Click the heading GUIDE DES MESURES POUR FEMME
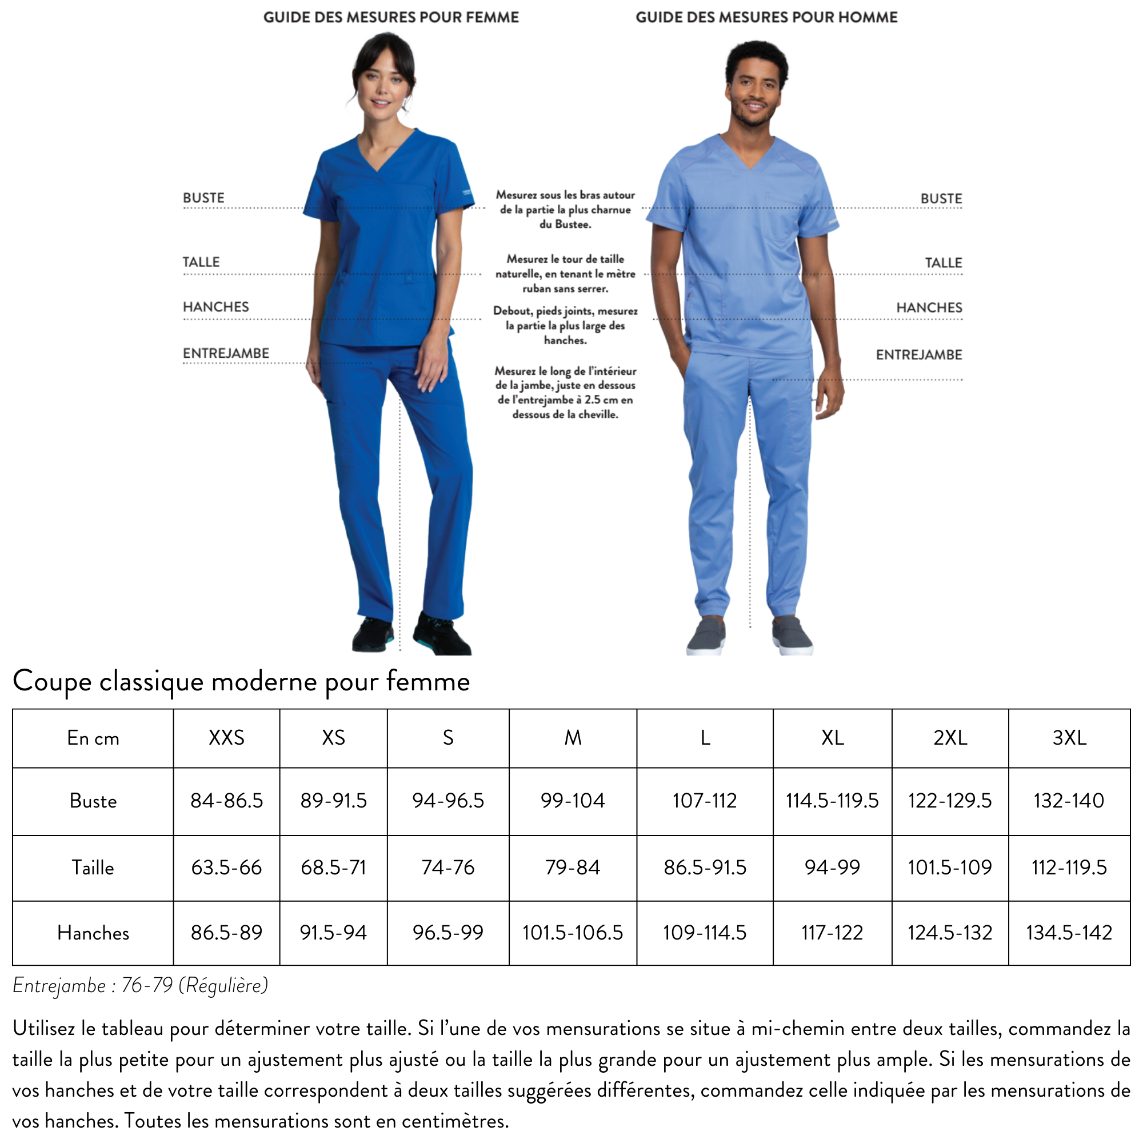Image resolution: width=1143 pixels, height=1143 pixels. point(390,17)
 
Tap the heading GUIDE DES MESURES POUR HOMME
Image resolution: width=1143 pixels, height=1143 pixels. point(766,17)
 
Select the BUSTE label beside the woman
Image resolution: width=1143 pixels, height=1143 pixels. point(203,198)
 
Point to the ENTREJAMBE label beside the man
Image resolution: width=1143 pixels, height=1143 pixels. point(919,355)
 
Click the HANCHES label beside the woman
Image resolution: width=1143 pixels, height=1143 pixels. point(216,307)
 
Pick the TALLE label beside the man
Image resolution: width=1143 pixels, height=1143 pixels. point(943,263)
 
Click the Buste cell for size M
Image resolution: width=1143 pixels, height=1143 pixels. point(572,801)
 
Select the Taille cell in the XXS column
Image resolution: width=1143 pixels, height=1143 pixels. point(226,868)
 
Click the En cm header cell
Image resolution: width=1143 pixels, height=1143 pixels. point(93,738)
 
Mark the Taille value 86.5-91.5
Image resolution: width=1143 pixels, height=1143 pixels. point(705,868)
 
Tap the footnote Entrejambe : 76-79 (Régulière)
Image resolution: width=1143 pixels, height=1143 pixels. point(140,986)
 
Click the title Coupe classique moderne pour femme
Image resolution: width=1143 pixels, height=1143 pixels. point(241,682)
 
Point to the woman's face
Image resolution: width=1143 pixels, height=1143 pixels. point(381,86)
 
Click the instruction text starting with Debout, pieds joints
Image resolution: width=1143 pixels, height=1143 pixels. point(565,325)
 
